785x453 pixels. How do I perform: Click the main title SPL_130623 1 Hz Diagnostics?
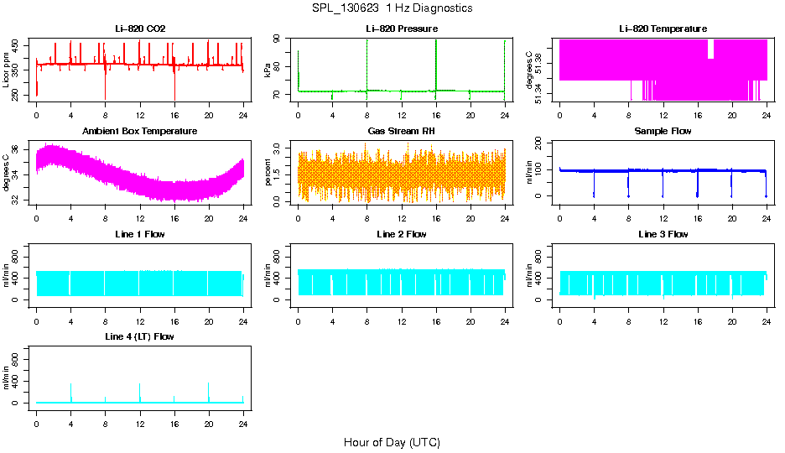click(x=392, y=8)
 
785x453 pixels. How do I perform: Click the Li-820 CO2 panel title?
click(x=140, y=29)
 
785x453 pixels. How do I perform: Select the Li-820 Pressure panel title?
click(x=402, y=29)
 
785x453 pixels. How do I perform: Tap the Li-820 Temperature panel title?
click(x=663, y=29)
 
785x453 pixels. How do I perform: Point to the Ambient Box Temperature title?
click(x=140, y=132)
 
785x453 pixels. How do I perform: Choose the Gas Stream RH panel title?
click(x=402, y=132)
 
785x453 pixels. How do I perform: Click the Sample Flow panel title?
click(x=663, y=132)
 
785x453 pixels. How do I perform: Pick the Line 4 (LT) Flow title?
click(x=140, y=336)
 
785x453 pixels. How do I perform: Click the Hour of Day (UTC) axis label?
click(x=392, y=442)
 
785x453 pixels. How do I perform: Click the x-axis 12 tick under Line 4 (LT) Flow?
click(x=140, y=417)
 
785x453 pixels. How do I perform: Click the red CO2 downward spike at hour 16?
click(x=174, y=88)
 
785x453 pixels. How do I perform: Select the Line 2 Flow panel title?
click(x=402, y=234)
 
